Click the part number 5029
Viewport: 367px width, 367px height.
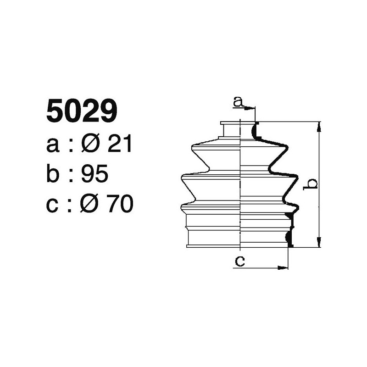point(82,111)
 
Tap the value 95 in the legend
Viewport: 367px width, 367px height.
point(94,175)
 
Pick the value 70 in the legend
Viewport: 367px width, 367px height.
point(120,204)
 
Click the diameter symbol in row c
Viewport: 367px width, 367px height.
point(90,204)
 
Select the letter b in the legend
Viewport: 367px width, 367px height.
point(54,174)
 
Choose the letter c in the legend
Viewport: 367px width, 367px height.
point(53,205)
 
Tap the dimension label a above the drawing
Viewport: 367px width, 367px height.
point(238,101)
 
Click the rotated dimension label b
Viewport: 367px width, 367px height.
point(312,183)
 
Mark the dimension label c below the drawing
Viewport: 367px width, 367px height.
point(239,261)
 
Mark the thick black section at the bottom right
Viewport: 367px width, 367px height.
point(288,238)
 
